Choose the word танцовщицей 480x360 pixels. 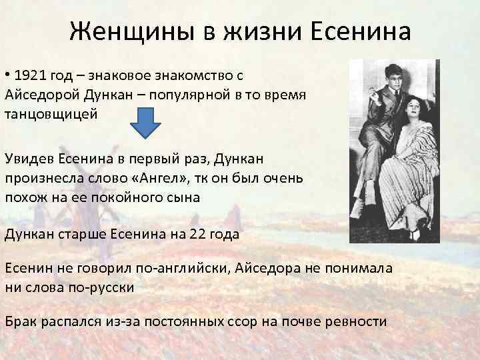(x=51, y=114)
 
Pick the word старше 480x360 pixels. (x=78, y=235)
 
